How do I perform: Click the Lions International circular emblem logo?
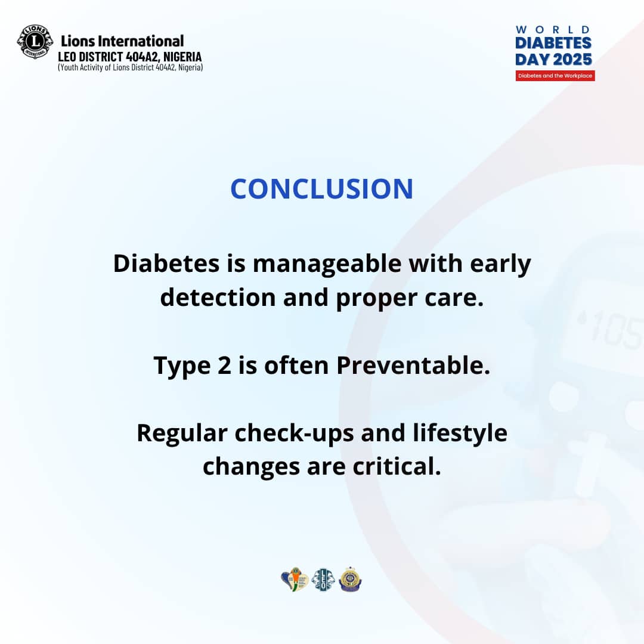35,42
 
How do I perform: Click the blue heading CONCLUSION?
322,189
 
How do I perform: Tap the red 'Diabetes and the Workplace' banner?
555,76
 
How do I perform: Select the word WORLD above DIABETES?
553,30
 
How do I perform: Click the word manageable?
327,264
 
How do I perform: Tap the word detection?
218,298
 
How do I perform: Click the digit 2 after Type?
224,366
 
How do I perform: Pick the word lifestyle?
460,434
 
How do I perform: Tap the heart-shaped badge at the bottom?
295,579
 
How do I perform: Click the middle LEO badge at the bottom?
323,580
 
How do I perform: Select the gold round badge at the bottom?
351,580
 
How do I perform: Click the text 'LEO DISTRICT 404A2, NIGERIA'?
130,56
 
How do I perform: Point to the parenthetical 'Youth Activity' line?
130,67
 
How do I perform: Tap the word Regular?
182,434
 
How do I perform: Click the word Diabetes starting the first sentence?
166,264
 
